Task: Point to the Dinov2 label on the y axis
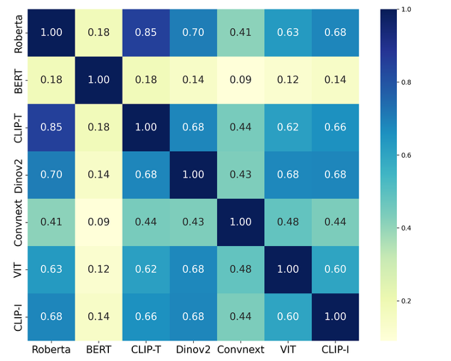click(18, 174)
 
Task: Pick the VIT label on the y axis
click(18, 269)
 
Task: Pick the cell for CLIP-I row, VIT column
click(288, 316)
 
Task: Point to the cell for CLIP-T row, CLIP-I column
click(335, 127)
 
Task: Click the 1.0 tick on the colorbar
click(406, 9)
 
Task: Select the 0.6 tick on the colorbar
click(406, 155)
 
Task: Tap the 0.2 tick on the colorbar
click(406, 301)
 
